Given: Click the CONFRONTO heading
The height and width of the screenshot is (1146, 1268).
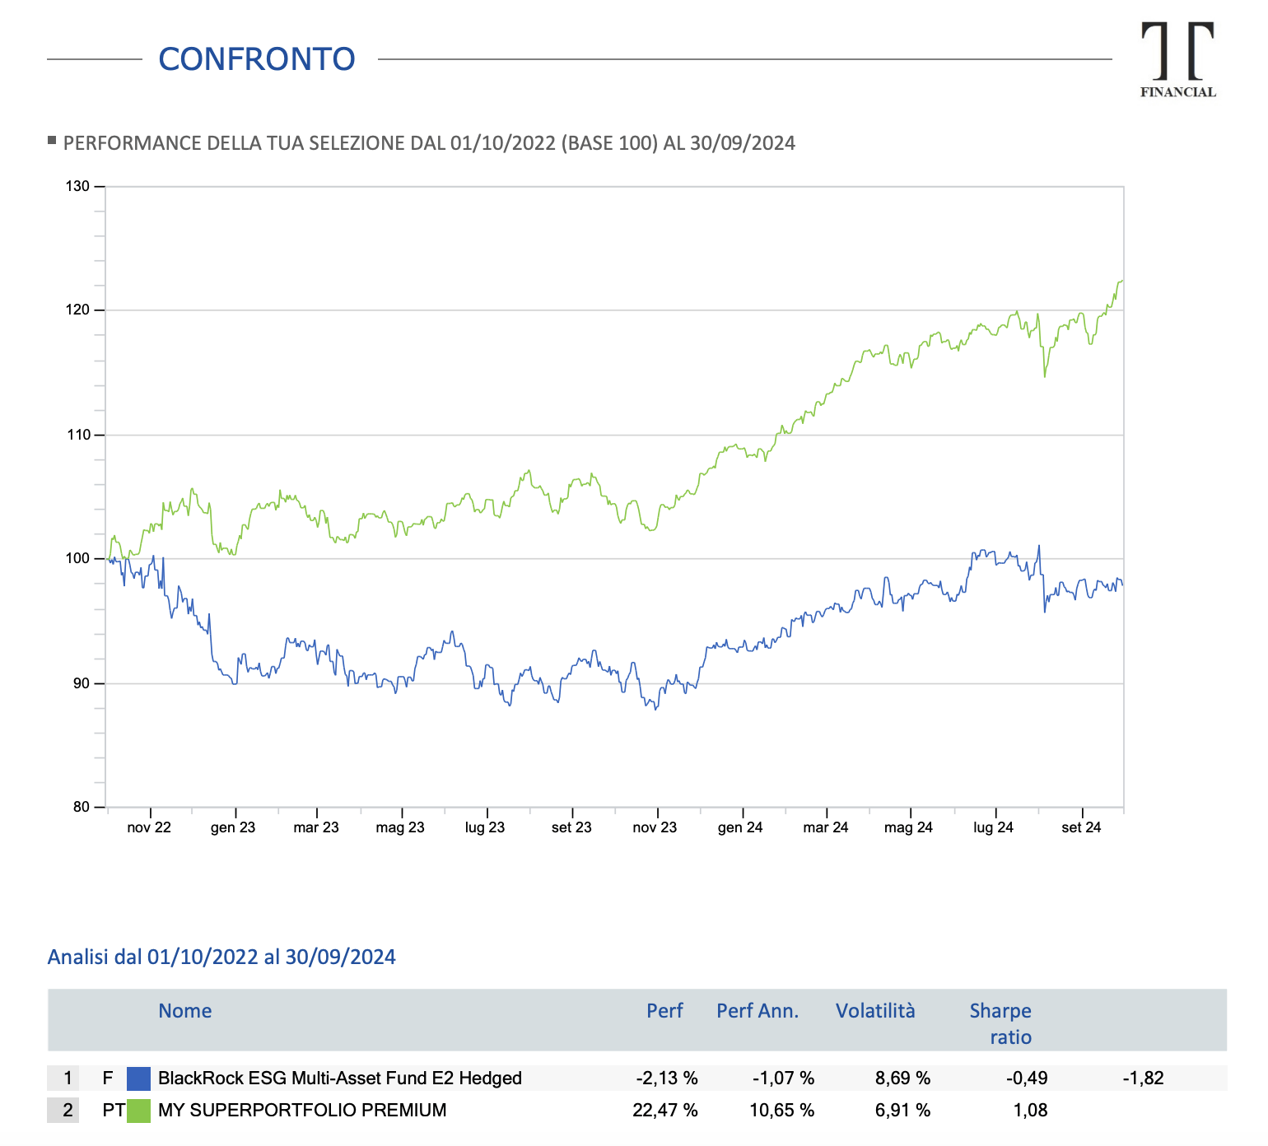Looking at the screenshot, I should pyautogui.click(x=256, y=59).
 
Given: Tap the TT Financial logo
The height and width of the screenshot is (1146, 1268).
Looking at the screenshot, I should pyautogui.click(x=1177, y=60).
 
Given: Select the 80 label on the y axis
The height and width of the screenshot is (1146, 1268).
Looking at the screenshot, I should pyautogui.click(x=81, y=808).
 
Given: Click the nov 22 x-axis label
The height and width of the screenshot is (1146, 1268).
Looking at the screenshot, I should pyautogui.click(x=149, y=827).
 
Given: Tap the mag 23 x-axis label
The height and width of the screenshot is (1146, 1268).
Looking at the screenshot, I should pyautogui.click(x=400, y=827).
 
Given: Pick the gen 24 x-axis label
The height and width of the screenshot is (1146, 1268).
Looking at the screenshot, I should pyautogui.click(x=740, y=827).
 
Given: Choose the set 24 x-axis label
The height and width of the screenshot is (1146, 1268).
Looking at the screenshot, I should pyautogui.click(x=1081, y=827).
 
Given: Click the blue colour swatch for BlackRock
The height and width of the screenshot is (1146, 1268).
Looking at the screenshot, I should pyautogui.click(x=138, y=1078).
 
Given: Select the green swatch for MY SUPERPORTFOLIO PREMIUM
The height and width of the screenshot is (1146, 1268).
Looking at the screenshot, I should pyautogui.click(x=138, y=1111).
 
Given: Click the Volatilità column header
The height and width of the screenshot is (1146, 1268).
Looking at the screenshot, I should pyautogui.click(x=875, y=1011).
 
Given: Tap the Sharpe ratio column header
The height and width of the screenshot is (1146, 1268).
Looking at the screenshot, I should pyautogui.click(x=1000, y=1023).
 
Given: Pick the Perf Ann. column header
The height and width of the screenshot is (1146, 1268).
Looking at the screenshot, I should pyautogui.click(x=758, y=1011).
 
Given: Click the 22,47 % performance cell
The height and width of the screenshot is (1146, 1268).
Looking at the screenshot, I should pyautogui.click(x=664, y=1111).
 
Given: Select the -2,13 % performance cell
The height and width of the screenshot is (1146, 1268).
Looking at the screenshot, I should pyautogui.click(x=666, y=1078).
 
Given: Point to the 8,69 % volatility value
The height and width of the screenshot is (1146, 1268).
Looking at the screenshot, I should pyautogui.click(x=902, y=1078).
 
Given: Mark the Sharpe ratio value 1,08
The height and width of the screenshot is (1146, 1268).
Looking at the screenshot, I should pyautogui.click(x=1030, y=1111).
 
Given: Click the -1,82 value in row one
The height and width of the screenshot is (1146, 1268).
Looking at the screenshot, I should pyautogui.click(x=1143, y=1078).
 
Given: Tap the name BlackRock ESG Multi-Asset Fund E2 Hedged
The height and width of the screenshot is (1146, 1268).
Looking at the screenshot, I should pyautogui.click(x=339, y=1078).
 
